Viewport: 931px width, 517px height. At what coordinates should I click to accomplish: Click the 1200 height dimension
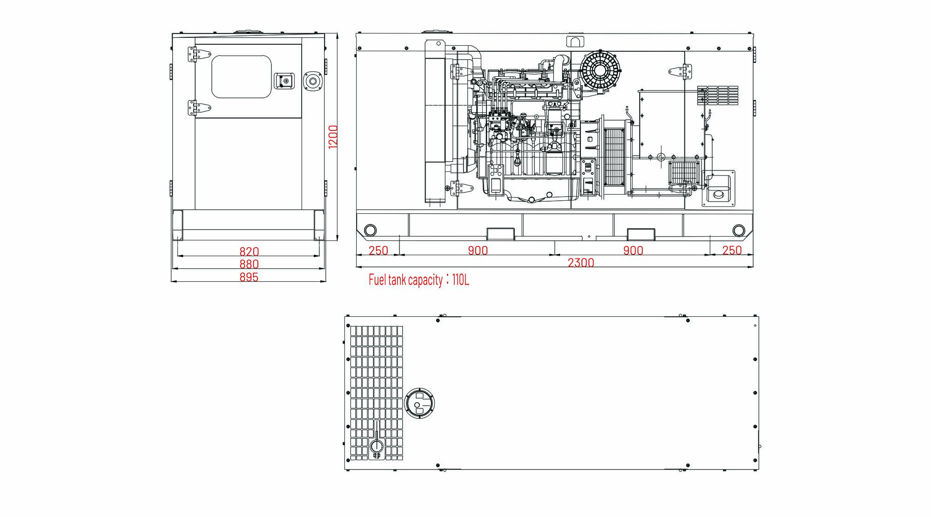(333, 137)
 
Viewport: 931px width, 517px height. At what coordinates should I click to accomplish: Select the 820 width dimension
(249, 252)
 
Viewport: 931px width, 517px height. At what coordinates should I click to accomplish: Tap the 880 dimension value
(249, 264)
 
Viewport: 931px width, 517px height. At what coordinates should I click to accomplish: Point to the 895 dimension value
(249, 277)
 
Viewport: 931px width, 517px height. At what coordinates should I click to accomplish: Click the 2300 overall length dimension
(581, 263)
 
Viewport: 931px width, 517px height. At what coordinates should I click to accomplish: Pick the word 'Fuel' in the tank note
(378, 280)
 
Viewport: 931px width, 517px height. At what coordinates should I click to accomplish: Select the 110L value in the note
(460, 280)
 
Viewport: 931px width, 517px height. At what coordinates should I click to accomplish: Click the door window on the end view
(241, 76)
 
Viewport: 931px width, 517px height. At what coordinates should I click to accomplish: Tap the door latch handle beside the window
(284, 81)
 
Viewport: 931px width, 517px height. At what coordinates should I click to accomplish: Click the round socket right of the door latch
(312, 81)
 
